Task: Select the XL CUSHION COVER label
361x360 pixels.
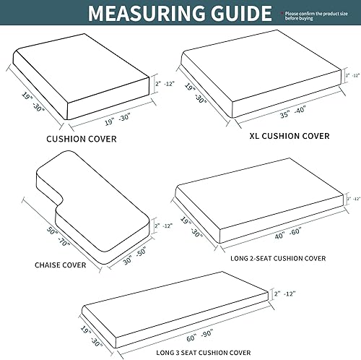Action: tap(279, 135)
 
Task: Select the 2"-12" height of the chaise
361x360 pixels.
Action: tap(162, 226)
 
